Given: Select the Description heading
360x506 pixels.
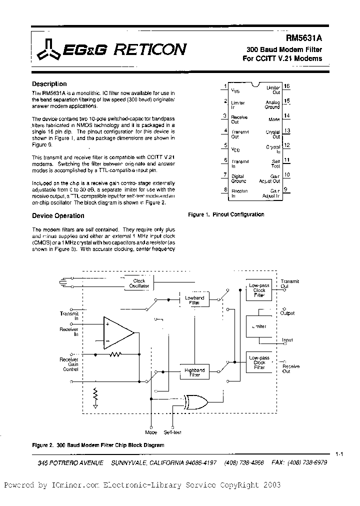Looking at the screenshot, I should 49,84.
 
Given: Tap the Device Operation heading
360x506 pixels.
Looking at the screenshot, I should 58,216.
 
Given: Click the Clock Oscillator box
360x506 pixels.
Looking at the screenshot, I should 139,283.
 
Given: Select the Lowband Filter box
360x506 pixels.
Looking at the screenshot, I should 194,300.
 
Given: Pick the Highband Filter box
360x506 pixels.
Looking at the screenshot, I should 194,373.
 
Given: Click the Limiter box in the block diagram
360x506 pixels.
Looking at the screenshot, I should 259,326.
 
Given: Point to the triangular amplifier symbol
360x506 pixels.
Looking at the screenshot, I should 117,332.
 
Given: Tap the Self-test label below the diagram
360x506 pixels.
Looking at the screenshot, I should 175,432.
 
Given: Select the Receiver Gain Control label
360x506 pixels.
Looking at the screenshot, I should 68,364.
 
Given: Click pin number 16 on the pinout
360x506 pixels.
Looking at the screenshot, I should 286,86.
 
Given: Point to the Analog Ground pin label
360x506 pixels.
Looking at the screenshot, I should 272,104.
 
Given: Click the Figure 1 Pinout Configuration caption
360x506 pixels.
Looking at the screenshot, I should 225,214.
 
